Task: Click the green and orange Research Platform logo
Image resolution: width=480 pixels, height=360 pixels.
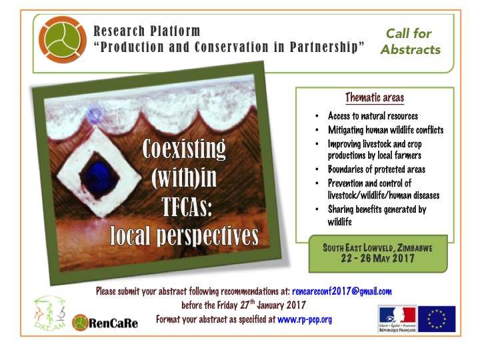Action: coord(63,40)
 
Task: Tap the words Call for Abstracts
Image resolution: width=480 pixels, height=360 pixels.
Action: coord(411,41)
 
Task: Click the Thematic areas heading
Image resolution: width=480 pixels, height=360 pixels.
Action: coord(375,97)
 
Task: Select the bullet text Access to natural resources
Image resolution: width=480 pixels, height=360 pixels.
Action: coord(373,116)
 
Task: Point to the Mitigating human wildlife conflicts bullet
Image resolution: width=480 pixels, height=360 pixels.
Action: coord(386,130)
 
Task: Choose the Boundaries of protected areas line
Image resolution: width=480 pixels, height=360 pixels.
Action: coord(377,169)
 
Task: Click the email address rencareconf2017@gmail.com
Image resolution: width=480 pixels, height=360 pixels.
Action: coord(342,291)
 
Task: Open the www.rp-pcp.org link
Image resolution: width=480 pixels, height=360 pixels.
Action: coord(305,319)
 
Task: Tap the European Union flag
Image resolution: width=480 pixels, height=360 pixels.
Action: coord(437,319)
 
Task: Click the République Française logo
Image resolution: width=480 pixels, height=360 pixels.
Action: coord(397,319)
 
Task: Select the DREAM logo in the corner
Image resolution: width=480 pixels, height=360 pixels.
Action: coord(50,313)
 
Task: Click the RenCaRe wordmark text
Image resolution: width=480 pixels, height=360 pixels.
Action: coord(113,323)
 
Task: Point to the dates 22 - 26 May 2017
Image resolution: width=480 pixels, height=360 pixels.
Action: coord(378,258)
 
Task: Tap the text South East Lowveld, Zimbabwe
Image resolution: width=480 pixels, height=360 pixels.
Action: coord(378,247)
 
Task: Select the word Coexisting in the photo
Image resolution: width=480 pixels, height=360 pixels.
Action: coord(184,149)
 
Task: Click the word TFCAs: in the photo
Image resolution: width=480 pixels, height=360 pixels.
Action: coord(187,207)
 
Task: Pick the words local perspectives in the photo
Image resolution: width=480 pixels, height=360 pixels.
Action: coord(184,236)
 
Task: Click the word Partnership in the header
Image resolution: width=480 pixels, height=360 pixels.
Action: coord(323,47)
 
